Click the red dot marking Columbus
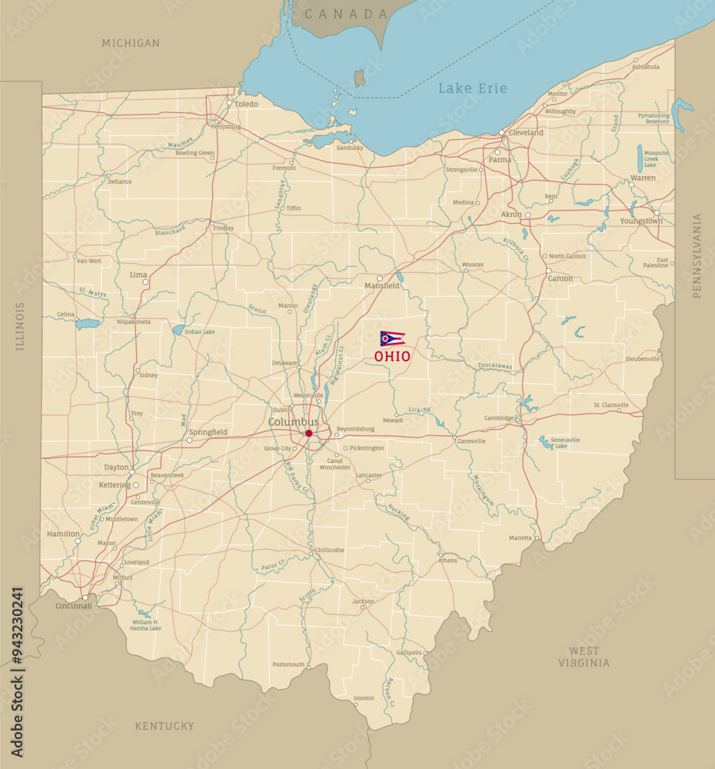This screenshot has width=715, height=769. pos(309,434)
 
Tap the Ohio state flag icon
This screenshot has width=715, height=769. pos(392,338)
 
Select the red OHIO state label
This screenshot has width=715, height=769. pos(392,357)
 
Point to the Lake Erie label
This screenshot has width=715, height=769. pos(473,88)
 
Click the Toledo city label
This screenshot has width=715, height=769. pos(247,104)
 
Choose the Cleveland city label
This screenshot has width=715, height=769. pos(526,132)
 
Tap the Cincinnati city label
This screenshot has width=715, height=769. pos(74,606)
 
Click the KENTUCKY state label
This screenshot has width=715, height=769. pos(165,726)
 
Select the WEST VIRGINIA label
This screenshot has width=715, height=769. pos(584,657)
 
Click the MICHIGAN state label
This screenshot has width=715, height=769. pos(131,43)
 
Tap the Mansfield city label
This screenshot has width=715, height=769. pos(382,286)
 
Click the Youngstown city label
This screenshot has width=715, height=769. pos(641,221)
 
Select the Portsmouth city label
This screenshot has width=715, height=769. pos(288,664)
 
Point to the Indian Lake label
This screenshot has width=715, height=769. pos(199,331)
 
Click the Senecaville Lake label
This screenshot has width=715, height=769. pos(565,443)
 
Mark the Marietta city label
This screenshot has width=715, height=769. pos(520,538)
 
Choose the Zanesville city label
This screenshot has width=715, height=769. pos(471,441)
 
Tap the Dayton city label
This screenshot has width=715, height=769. pos(116,468)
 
